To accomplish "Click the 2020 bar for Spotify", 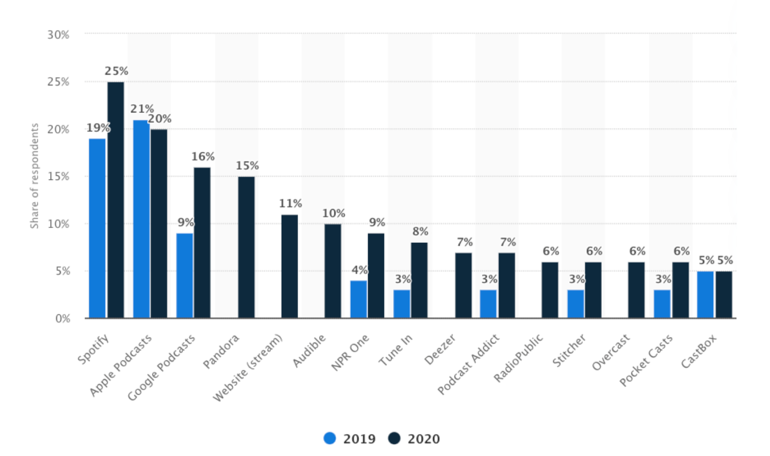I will pyautogui.click(x=116, y=199).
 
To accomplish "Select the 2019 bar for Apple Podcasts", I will pyautogui.click(x=141, y=219).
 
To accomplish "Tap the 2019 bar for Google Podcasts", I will pyautogui.click(x=185, y=276).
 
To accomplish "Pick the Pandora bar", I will pyautogui.click(x=246, y=247).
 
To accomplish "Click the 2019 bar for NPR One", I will pyautogui.click(x=358, y=299).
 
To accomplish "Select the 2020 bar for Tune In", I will pyautogui.click(x=419, y=280).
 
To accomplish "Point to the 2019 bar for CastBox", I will pyautogui.click(x=705, y=294).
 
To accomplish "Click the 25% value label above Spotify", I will pyautogui.click(x=117, y=71).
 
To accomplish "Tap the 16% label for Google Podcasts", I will pyautogui.click(x=203, y=156).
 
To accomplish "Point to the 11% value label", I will pyautogui.click(x=290, y=203).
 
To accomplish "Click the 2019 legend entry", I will pyautogui.click(x=350, y=439).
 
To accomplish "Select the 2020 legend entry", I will pyautogui.click(x=414, y=439).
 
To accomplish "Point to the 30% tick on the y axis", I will pyautogui.click(x=58, y=35).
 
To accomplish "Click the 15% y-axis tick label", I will pyautogui.click(x=58, y=176).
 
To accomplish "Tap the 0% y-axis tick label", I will pyautogui.click(x=62, y=318).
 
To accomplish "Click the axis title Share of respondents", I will pyautogui.click(x=34, y=175).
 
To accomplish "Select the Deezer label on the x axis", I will pyautogui.click(x=440, y=350).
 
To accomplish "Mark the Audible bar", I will pyautogui.click(x=332, y=271).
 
